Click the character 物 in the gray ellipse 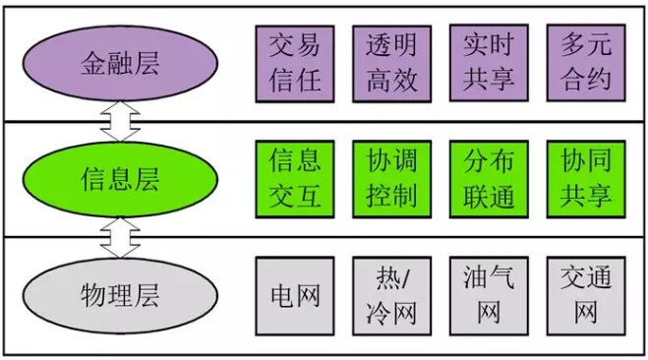click(x=93, y=296)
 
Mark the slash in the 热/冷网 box click(x=405, y=278)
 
